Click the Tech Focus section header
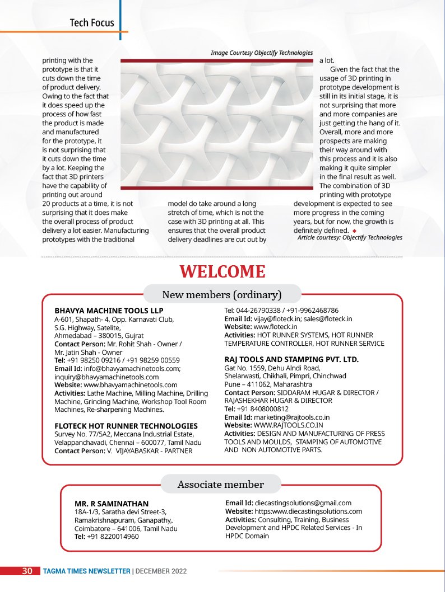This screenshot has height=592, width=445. (92, 23)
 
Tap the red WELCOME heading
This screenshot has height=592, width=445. (222, 272)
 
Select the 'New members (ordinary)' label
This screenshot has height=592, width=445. (222, 294)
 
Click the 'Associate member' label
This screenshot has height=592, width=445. (221, 484)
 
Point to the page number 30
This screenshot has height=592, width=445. (27, 571)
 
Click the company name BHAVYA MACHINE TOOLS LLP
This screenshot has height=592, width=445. (101, 310)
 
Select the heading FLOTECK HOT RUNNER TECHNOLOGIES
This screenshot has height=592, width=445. (126, 426)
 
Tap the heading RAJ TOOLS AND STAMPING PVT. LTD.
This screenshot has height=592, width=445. (291, 359)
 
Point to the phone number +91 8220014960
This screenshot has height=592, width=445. (113, 537)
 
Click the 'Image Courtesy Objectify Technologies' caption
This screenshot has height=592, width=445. (262, 53)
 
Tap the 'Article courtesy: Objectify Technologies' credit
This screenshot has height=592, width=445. (350, 237)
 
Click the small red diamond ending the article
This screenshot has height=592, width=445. (354, 231)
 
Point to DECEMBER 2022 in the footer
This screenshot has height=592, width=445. (161, 571)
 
